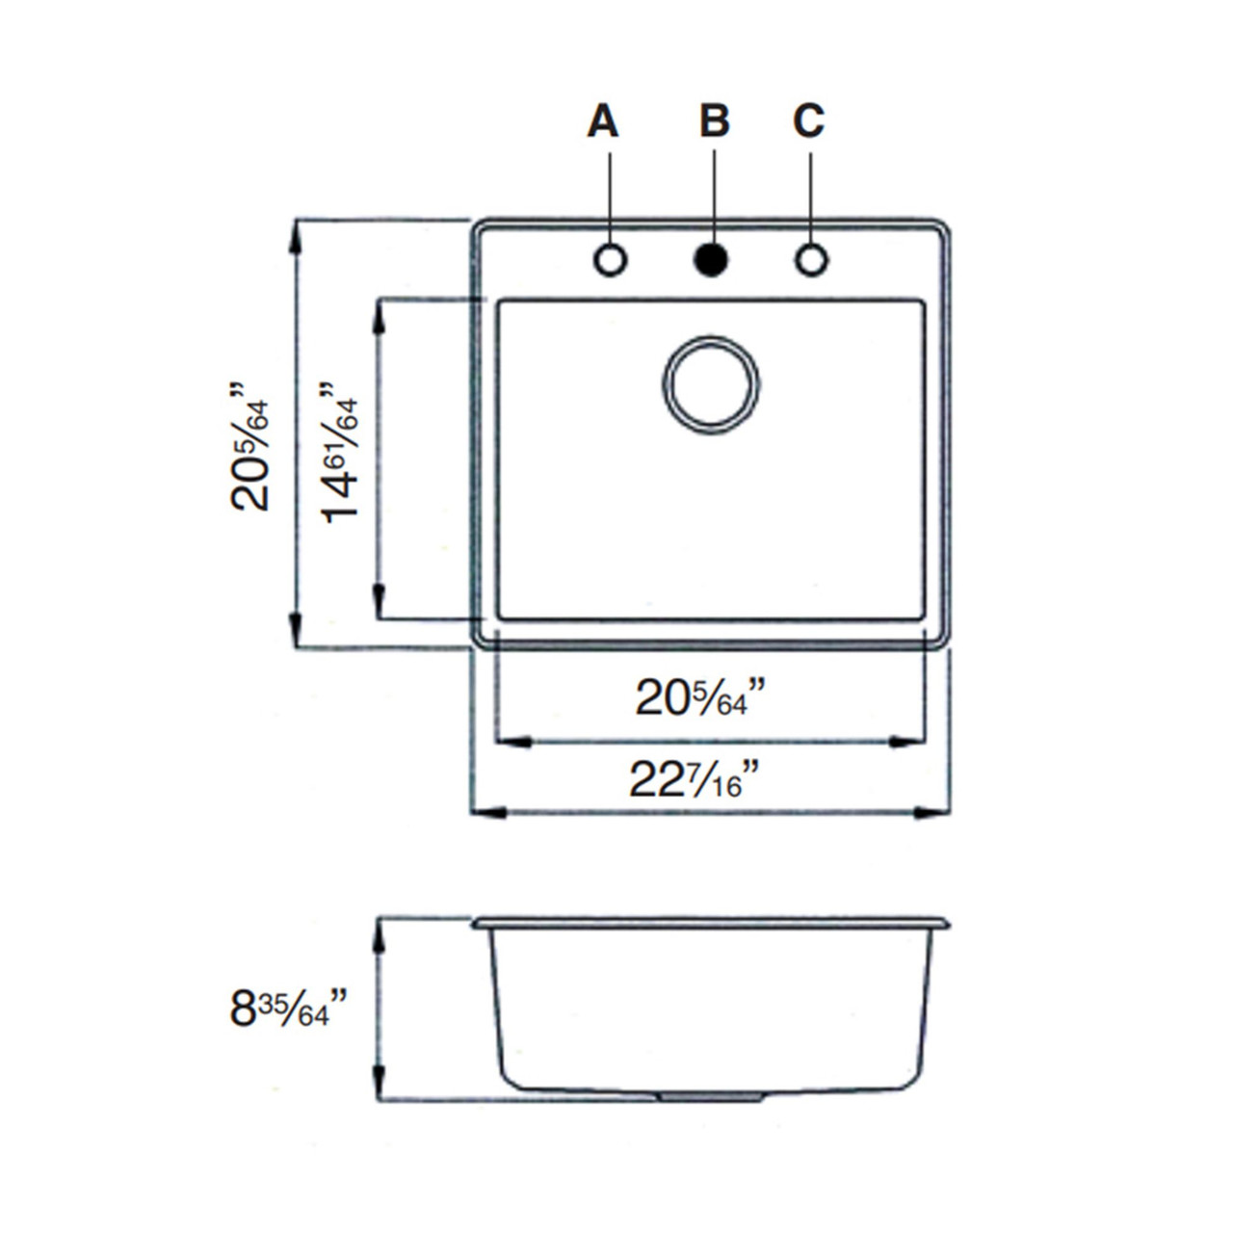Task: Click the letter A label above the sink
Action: pyautogui.click(x=603, y=121)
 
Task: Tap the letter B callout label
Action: pyautogui.click(x=714, y=121)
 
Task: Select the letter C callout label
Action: pyautogui.click(x=808, y=121)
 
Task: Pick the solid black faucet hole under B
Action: pyautogui.click(x=711, y=260)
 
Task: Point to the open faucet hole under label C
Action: pyautogui.click(x=811, y=260)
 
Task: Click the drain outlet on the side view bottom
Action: pyautogui.click(x=711, y=1097)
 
